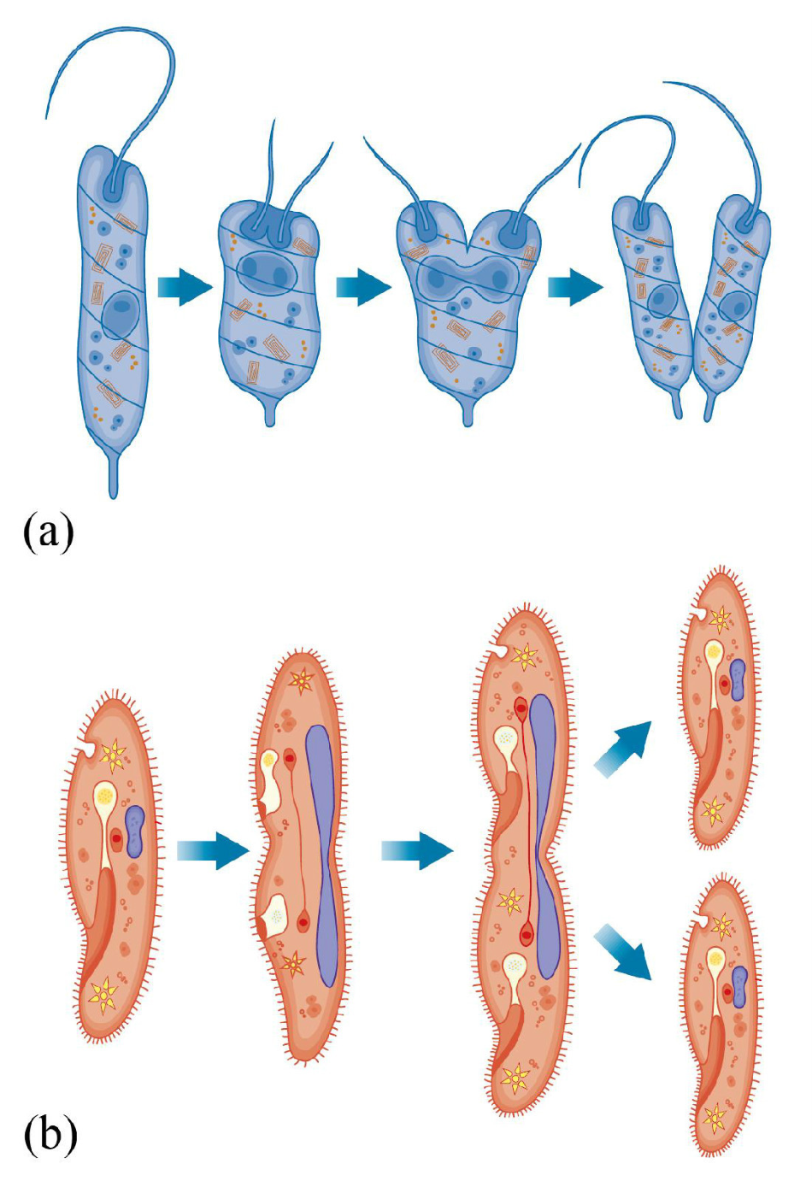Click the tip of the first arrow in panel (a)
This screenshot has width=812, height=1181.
point(213,288)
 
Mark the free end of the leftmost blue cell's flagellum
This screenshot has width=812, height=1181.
point(46,118)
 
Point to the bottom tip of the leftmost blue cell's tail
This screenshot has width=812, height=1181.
point(113,497)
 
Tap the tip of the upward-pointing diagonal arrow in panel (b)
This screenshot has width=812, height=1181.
point(651,723)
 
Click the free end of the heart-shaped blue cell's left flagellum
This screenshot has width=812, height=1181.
point(363,137)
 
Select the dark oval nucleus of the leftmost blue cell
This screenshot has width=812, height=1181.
point(121,314)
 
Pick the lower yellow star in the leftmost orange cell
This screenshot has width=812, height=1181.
point(104,995)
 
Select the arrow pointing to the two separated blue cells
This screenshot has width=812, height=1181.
point(575,288)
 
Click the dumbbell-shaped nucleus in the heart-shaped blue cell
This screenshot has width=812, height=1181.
point(462,275)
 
